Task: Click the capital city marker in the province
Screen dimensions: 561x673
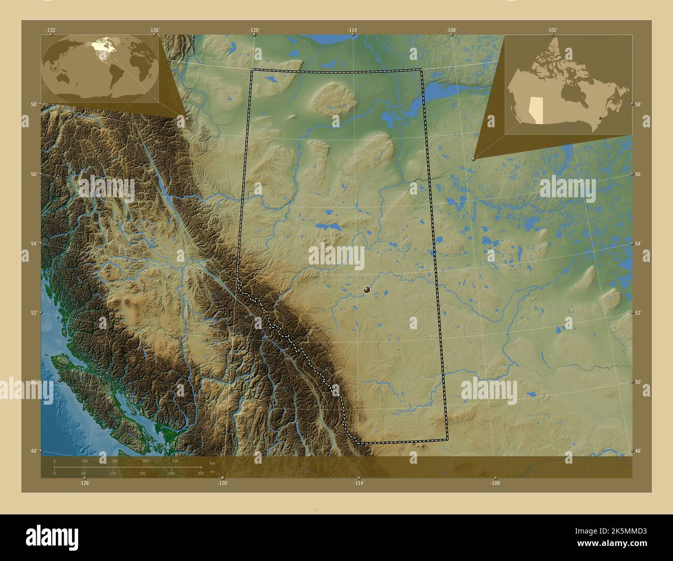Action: pyautogui.click(x=367, y=290)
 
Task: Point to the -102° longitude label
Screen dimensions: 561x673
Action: pyautogui.click(x=552, y=30)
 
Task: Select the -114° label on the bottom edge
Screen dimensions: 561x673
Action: pyautogui.click(x=358, y=483)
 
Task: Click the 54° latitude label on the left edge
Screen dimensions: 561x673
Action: pyautogui.click(x=34, y=243)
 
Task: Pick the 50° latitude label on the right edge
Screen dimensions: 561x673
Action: pyautogui.click(x=638, y=382)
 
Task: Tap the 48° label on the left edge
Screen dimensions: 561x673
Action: pyautogui.click(x=34, y=451)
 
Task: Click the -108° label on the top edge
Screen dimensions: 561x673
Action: pyautogui.click(x=451, y=30)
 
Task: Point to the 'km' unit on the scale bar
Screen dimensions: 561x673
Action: pyautogui.click(x=212, y=464)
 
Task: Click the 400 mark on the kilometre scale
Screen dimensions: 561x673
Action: pyautogui.click(x=175, y=461)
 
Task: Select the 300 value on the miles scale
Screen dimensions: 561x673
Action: pyautogui.click(x=200, y=474)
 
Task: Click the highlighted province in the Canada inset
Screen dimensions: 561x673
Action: pyautogui.click(x=537, y=109)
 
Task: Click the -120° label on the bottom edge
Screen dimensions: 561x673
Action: pyautogui.click(x=223, y=483)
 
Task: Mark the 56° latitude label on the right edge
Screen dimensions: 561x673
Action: pyautogui.click(x=638, y=174)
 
